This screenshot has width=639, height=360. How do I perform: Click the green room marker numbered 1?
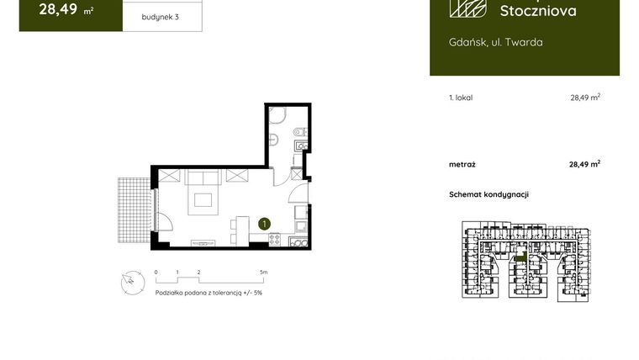pyautogui.click(x=264, y=224)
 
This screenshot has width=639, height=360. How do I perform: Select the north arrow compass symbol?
pyautogui.click(x=129, y=283)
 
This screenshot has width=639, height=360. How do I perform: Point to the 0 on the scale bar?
pyautogui.click(x=156, y=273)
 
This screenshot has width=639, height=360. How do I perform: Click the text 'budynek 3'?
pyautogui.click(x=161, y=16)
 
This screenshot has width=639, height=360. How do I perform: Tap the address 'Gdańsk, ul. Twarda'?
pyautogui.click(x=495, y=42)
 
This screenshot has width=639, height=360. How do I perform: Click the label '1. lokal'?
pyautogui.click(x=461, y=98)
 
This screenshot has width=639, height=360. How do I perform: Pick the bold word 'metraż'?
pyautogui.click(x=462, y=164)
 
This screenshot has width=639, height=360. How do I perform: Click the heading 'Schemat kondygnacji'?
pyautogui.click(x=488, y=194)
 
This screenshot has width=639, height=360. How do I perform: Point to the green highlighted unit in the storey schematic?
pyautogui.click(x=520, y=258)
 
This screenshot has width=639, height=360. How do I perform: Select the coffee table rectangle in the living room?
pyautogui.click(x=202, y=200)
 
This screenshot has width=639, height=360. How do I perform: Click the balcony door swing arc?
pyautogui.click(x=164, y=220)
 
